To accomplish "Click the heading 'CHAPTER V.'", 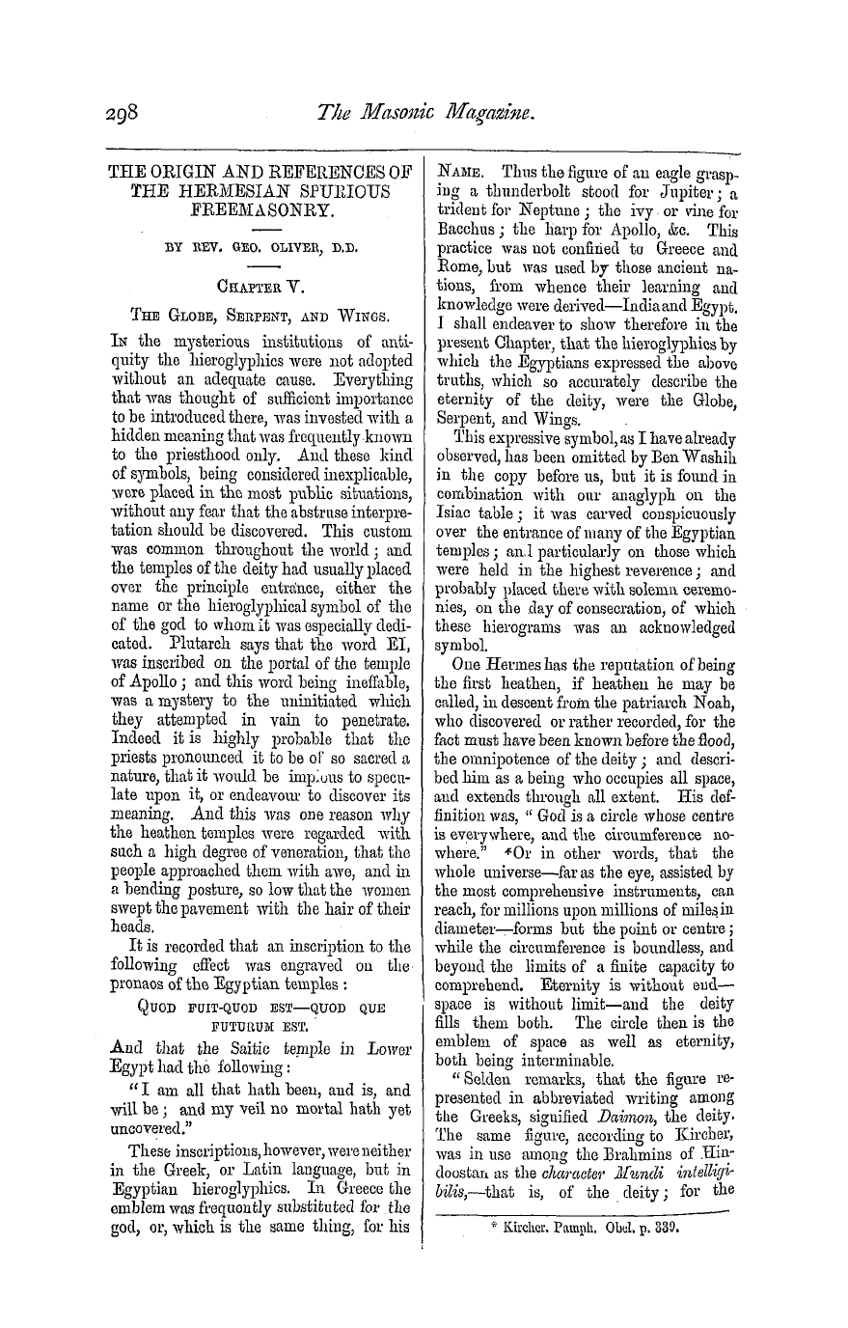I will click(x=261, y=284).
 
